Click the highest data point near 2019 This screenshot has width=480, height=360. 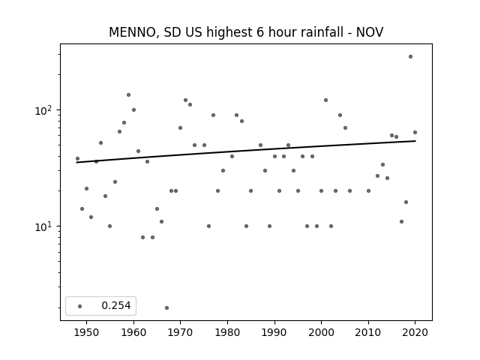click(410, 57)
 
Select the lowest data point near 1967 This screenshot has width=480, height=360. click(166, 307)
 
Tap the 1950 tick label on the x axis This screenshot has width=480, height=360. click(87, 332)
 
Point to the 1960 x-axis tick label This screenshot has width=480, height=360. click(133, 332)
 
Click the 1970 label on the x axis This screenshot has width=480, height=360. click(180, 332)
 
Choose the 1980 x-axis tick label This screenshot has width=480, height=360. click(227, 332)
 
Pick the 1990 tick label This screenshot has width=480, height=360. click(274, 332)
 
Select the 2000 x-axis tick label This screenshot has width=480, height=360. click(321, 332)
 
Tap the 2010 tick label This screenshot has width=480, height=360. click(368, 332)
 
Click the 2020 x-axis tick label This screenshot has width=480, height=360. click(415, 332)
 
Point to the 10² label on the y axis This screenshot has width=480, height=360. click(44, 110)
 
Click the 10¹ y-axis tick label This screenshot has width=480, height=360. click(44, 226)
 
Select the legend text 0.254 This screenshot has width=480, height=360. click(116, 305)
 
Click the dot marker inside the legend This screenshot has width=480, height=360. click(80, 306)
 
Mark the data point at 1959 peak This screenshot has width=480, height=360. click(128, 95)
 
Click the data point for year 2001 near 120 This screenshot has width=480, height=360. click(325, 100)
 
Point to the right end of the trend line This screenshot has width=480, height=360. click(415, 141)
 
